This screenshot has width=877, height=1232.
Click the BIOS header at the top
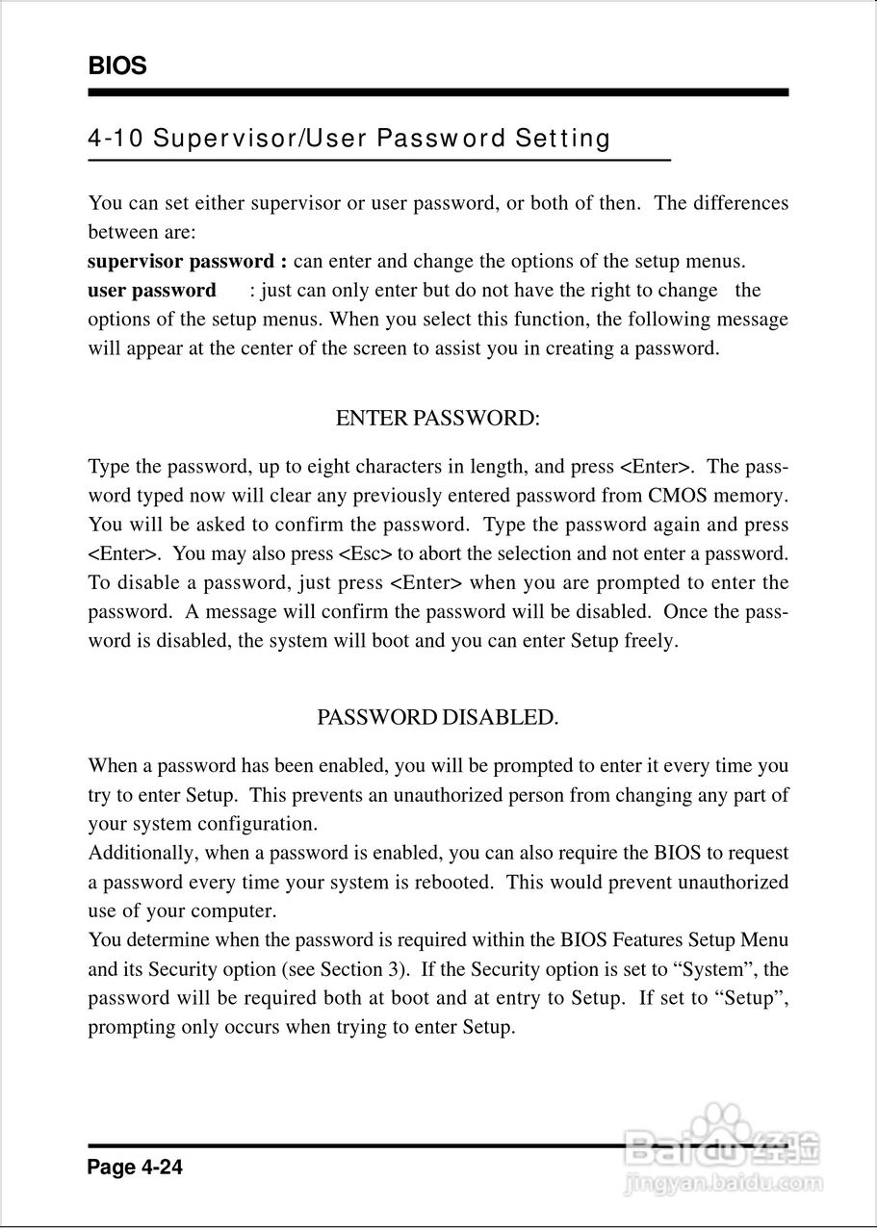[x=117, y=66]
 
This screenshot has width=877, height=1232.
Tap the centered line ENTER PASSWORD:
[x=438, y=419]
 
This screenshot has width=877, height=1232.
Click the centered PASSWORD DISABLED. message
[x=438, y=718]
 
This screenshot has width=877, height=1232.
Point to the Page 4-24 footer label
[x=135, y=1168]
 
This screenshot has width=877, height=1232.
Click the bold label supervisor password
[x=181, y=262]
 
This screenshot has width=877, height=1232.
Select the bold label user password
[x=152, y=291]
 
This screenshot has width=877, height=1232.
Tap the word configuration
[x=257, y=825]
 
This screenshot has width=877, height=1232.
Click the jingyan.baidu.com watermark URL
[x=722, y=1183]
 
